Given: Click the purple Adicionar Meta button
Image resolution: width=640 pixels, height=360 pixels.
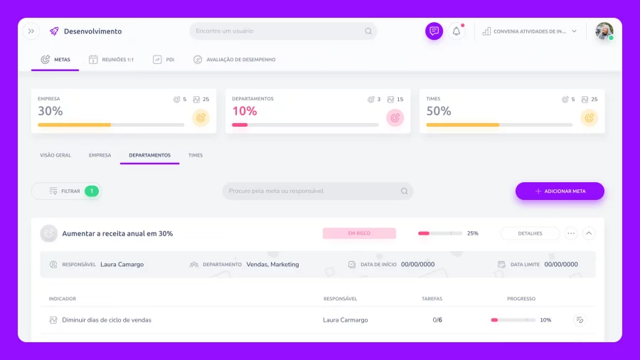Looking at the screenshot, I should [560, 191].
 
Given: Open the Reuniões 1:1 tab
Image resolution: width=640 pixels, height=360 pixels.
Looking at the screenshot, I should [111, 60].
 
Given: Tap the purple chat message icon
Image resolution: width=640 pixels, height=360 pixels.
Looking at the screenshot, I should [434, 31].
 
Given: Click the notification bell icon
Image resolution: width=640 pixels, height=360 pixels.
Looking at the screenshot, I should [457, 31].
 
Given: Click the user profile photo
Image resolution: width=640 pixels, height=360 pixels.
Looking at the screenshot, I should [604, 31].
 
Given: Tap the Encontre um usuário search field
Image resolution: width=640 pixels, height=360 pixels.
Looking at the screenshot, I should [283, 31].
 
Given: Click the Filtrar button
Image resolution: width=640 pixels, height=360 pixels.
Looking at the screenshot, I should [66, 191].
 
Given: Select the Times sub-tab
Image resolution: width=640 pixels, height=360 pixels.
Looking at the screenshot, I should [196, 155].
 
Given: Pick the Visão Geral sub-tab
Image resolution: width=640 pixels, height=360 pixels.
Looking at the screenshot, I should [55, 155].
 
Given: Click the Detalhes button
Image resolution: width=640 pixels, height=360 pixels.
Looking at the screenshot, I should [530, 233].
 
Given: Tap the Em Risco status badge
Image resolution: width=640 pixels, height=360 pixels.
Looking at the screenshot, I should [359, 233].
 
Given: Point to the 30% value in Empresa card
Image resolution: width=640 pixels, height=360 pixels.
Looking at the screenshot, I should [50, 111].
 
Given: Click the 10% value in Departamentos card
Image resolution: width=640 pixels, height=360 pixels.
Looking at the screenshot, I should [245, 111].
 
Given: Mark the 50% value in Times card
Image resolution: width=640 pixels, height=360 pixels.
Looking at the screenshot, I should [439, 111].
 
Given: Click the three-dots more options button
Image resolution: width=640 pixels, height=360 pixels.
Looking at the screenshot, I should [571, 233].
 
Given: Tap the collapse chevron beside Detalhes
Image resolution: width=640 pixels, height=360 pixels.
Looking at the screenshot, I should [589, 233].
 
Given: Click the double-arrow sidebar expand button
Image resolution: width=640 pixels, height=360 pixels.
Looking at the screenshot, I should [31, 31].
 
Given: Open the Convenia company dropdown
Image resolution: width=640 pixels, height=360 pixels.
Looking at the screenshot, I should [530, 31].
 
